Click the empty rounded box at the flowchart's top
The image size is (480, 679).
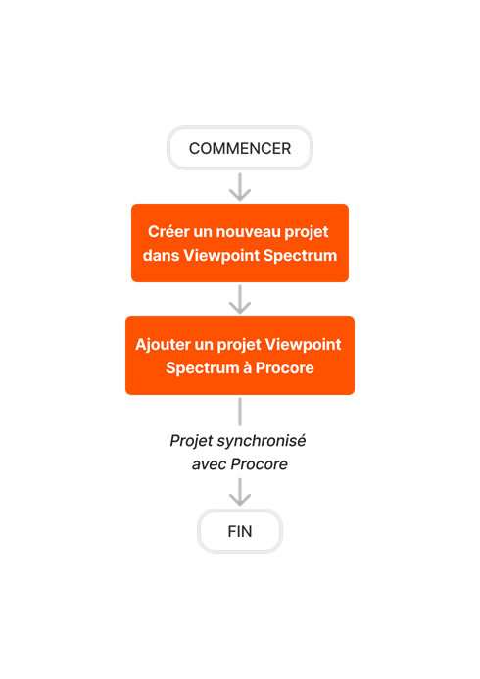point(240,148)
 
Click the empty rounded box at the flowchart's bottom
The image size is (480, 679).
point(240,530)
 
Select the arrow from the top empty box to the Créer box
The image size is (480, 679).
point(240,186)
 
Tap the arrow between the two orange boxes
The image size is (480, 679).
point(240,299)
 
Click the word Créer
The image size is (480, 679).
point(168,232)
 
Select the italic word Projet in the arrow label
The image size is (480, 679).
point(191,441)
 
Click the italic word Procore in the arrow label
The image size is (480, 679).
point(259,463)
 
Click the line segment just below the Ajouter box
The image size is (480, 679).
point(240,411)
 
